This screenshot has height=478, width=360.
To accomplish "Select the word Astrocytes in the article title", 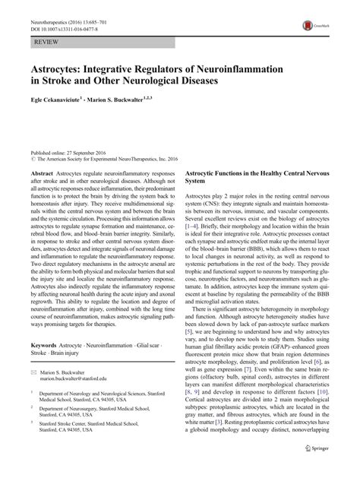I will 54,62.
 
